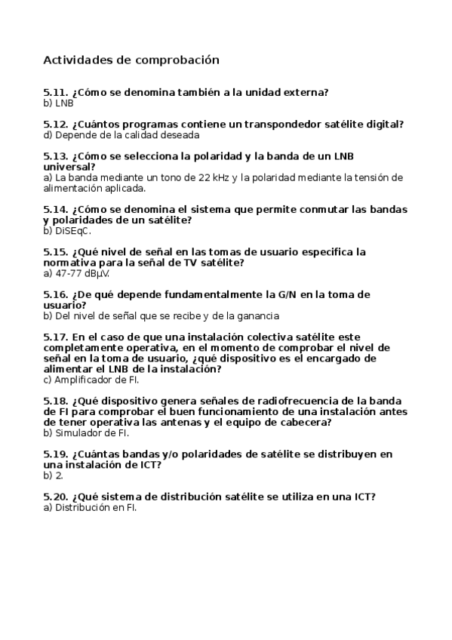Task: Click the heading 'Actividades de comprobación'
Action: (x=131, y=59)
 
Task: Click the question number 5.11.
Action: (x=56, y=92)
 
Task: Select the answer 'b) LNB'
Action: (x=58, y=103)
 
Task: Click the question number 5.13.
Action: (x=56, y=156)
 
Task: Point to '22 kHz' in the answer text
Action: (x=214, y=177)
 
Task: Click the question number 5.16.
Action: (x=56, y=294)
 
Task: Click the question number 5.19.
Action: (x=56, y=454)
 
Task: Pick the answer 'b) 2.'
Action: (x=53, y=475)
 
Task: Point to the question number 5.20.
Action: (x=56, y=497)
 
